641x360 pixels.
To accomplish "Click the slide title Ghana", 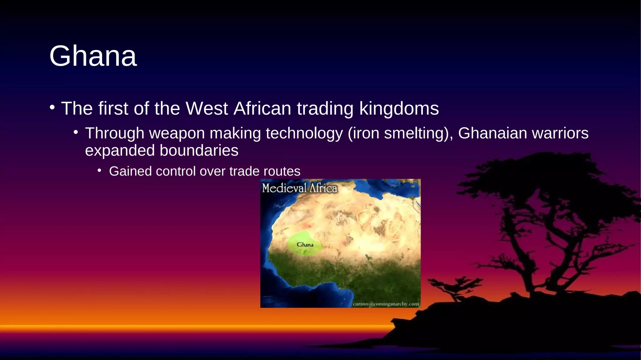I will tap(93, 56).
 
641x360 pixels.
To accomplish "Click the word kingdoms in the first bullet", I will tap(399, 109).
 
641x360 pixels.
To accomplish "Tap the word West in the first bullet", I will tap(207, 109).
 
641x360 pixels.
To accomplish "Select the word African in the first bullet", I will tap(262, 109).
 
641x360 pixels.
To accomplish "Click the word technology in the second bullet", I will tap(304, 133).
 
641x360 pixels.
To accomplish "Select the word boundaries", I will tap(199, 151).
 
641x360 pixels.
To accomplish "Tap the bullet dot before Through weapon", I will tap(76, 132).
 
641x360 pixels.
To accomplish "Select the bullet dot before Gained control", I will tap(100, 171).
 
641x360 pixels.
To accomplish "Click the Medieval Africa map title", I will tap(300, 188).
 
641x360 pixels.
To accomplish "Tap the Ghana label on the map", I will tap(305, 245).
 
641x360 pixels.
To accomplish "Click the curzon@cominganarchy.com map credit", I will tap(386, 304).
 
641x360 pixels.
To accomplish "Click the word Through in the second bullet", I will tap(115, 133).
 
